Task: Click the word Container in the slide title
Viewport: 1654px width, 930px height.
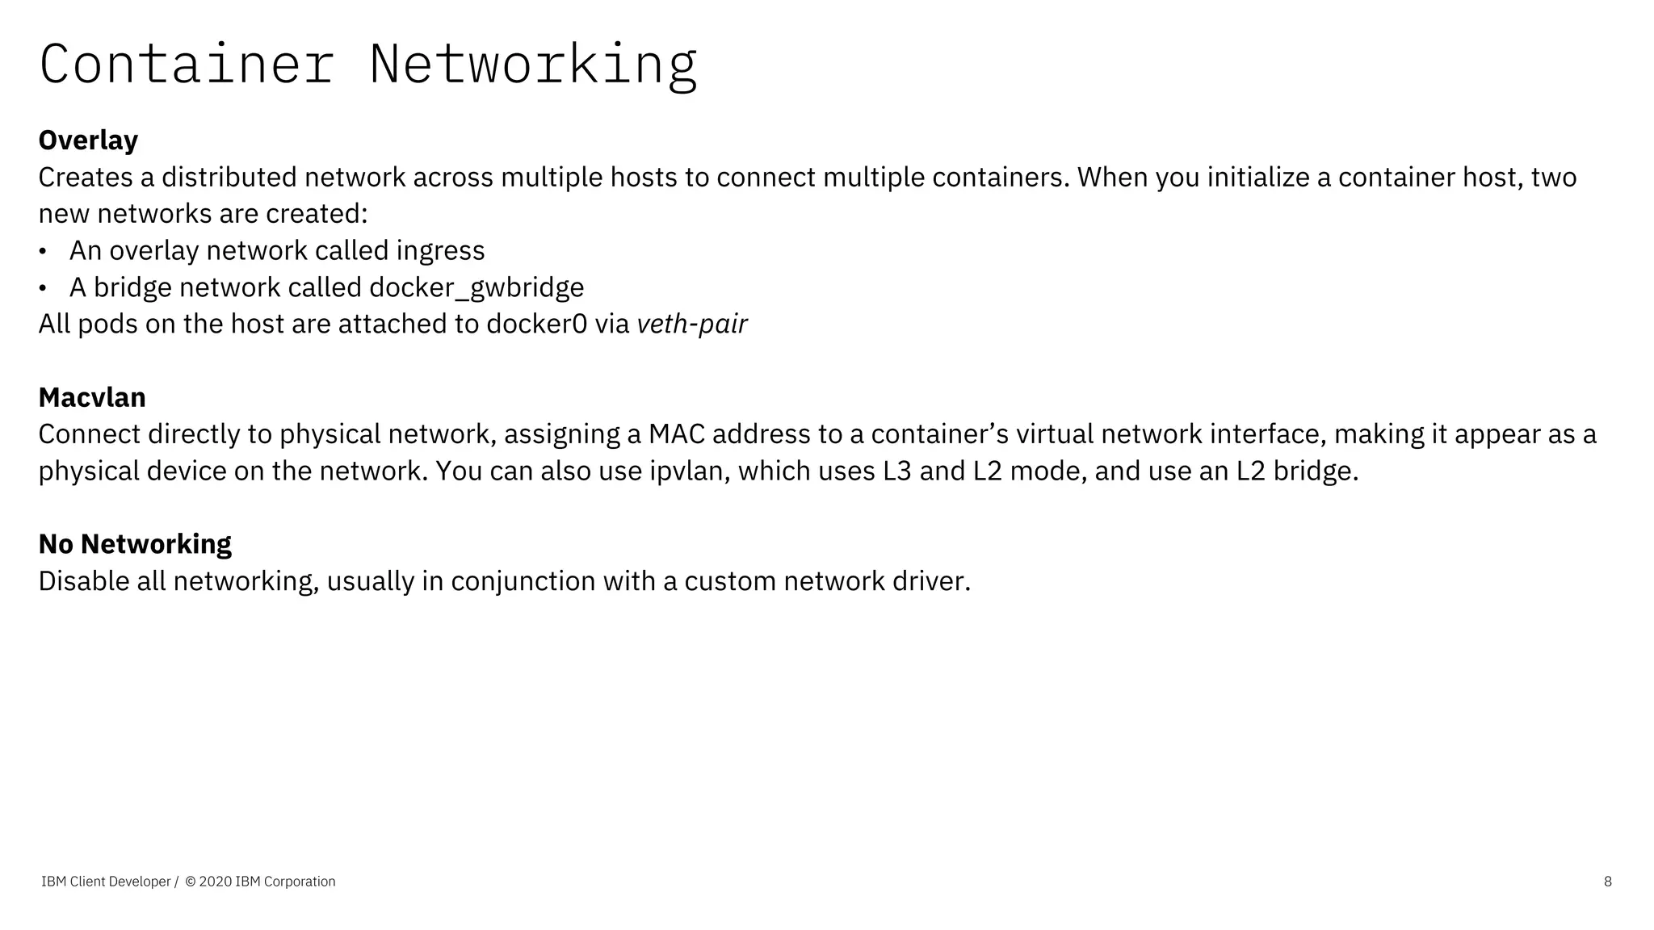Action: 187,65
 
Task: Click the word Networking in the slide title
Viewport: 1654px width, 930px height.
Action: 533,65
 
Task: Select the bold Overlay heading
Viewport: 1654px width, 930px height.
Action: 88,140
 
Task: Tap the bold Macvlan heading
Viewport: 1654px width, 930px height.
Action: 92,398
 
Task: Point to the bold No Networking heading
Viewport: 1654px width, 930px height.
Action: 135,544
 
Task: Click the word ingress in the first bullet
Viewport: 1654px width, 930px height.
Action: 440,251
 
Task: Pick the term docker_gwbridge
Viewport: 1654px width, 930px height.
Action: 476,288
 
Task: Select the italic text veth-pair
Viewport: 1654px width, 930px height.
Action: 692,325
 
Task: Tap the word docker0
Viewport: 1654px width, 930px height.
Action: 536,325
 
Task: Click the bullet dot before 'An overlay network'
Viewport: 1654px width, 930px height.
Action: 43,251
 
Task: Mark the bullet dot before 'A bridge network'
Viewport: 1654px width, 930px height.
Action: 43,288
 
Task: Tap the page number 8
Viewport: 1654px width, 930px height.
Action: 1607,882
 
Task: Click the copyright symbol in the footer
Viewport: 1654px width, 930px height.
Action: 191,882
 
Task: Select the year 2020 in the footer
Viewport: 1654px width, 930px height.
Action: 215,882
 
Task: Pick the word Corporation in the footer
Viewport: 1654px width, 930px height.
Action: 300,882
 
